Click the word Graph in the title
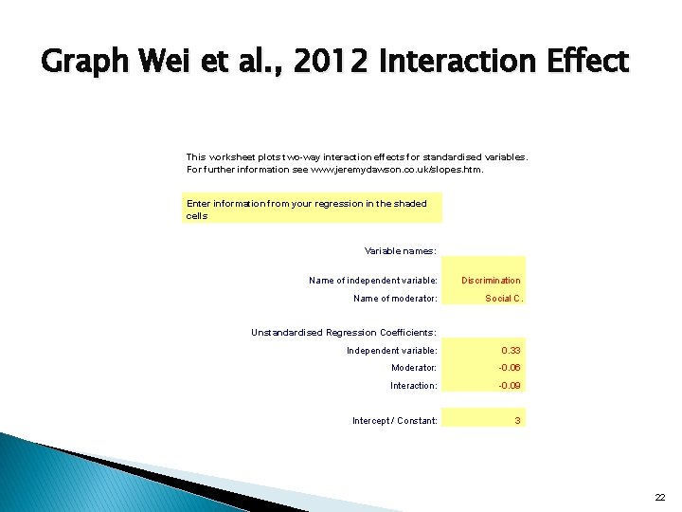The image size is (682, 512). click(85, 64)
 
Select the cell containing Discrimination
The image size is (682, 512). click(491, 281)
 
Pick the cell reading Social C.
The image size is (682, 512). click(503, 299)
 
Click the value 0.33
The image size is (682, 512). click(511, 351)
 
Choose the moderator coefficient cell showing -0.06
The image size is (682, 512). click(510, 368)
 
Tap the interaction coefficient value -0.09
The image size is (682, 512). click(510, 386)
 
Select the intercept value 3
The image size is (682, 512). click(517, 420)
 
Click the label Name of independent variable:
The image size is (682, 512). click(373, 281)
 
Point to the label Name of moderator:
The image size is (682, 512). click(395, 299)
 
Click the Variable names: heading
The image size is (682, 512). click(400, 251)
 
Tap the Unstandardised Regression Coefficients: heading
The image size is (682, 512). click(343, 333)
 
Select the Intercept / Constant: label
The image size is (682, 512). click(394, 420)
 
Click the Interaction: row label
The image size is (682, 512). click(413, 386)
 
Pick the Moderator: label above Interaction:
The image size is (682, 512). click(414, 368)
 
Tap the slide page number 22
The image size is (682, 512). click(660, 497)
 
